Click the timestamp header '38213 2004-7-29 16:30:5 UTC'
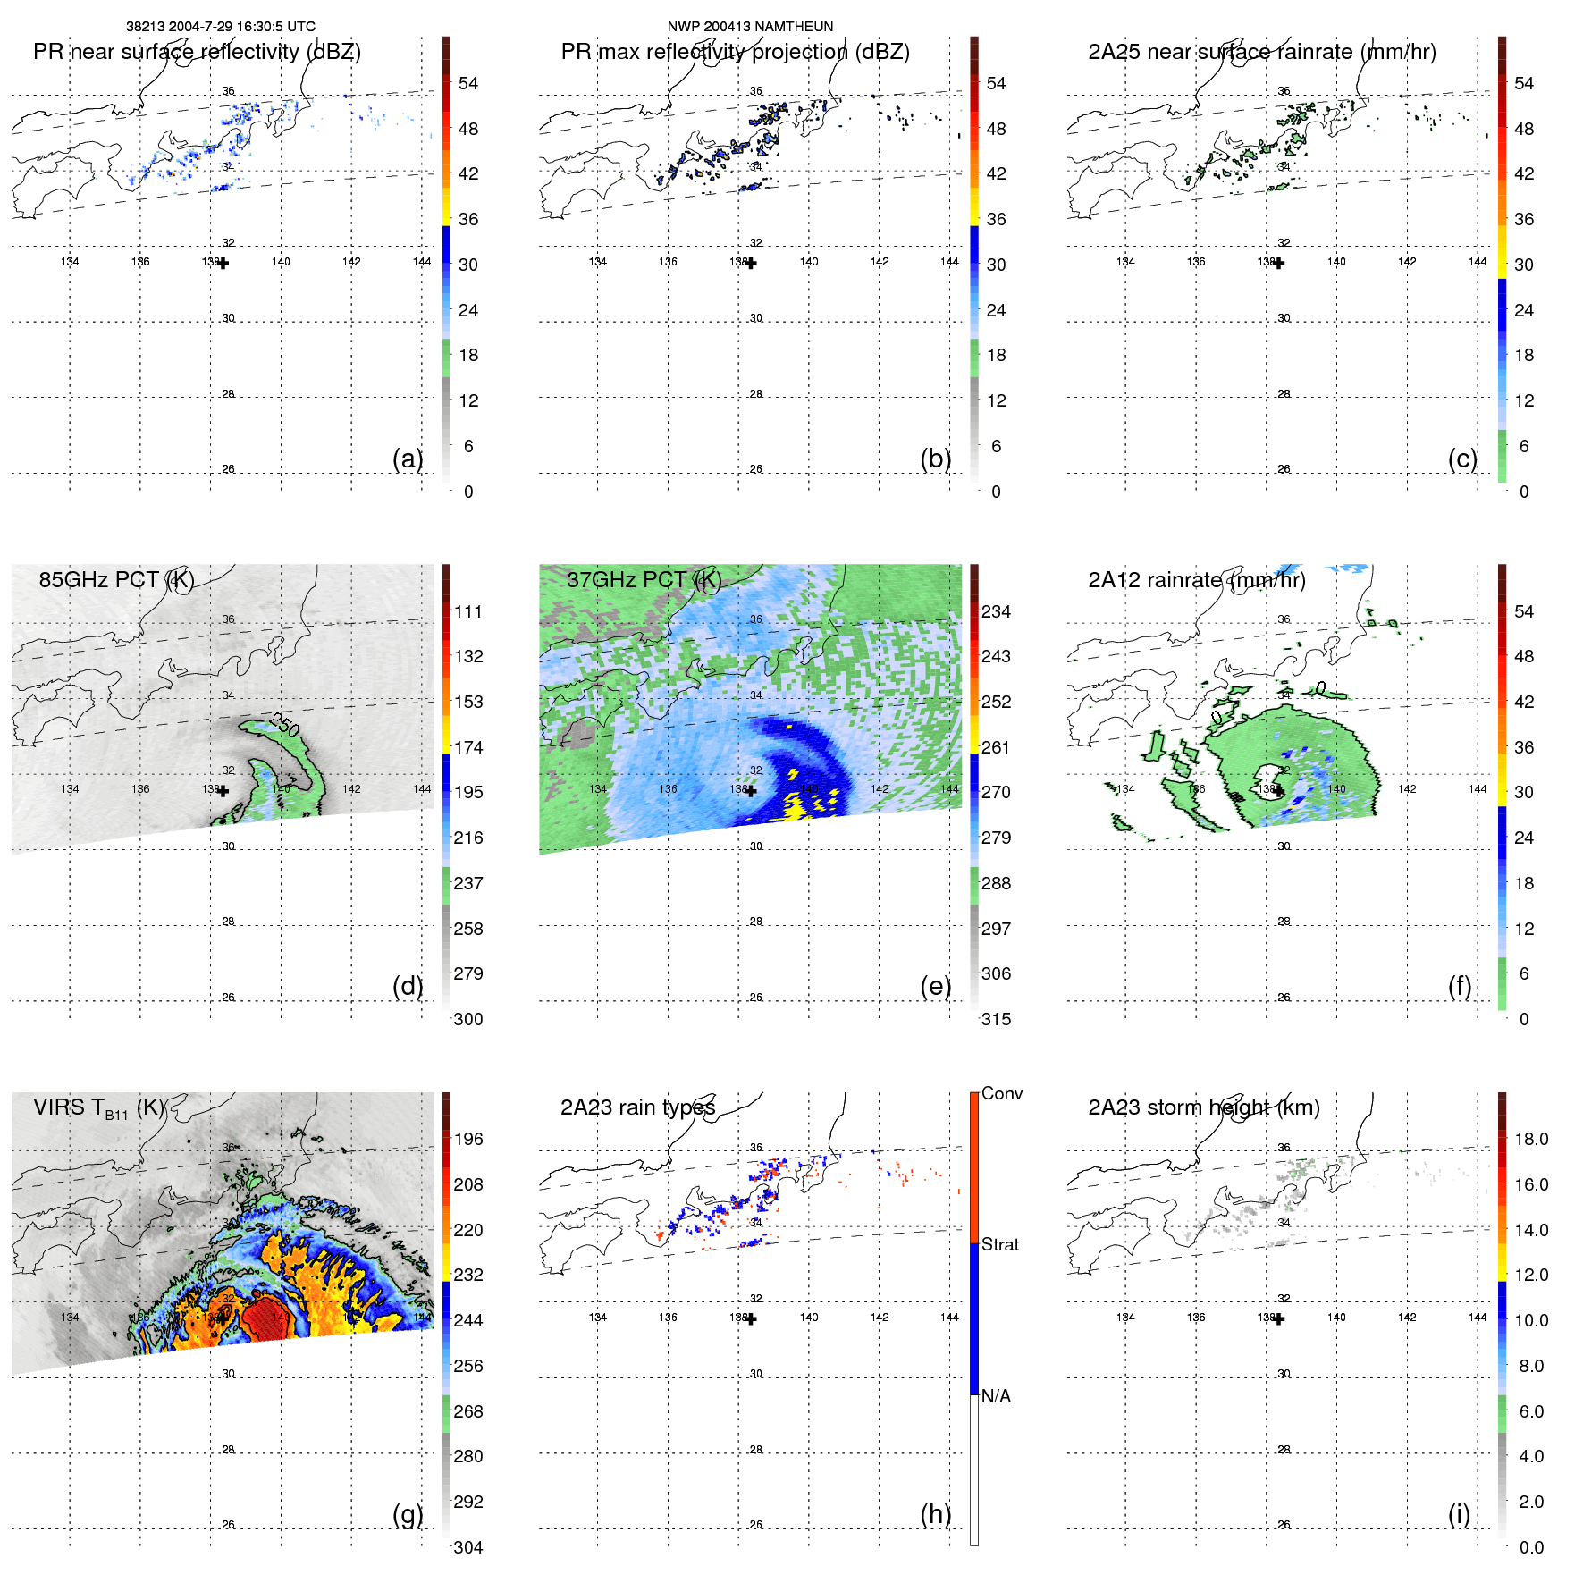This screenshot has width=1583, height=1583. coord(220,27)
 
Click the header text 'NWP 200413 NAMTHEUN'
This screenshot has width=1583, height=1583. coord(750,27)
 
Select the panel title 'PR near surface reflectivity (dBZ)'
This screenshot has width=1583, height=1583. coord(197,52)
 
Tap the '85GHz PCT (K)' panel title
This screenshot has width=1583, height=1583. coord(116,580)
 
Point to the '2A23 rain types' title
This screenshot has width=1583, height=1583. coord(637,1108)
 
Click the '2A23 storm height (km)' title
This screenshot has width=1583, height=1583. coord(1203,1108)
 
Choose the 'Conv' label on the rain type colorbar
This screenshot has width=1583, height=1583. coord(1001,1094)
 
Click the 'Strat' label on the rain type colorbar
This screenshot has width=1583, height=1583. coord(999,1245)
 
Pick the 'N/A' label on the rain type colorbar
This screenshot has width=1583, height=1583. coord(996,1396)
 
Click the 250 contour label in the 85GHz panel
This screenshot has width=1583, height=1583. coord(284,725)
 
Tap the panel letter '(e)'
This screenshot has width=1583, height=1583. coord(935,986)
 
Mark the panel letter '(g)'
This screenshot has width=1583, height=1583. coord(408,1514)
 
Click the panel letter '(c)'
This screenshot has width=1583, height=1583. coord(1462,459)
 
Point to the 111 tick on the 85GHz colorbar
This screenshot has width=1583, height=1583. coord(468,612)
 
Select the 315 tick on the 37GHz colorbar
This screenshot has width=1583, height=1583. coord(996,1020)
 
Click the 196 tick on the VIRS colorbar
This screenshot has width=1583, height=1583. coord(468,1140)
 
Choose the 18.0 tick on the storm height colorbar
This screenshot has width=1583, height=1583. coord(1531,1140)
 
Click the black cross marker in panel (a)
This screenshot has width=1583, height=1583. coord(223,263)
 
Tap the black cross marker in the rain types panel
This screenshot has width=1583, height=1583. coord(751,1318)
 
